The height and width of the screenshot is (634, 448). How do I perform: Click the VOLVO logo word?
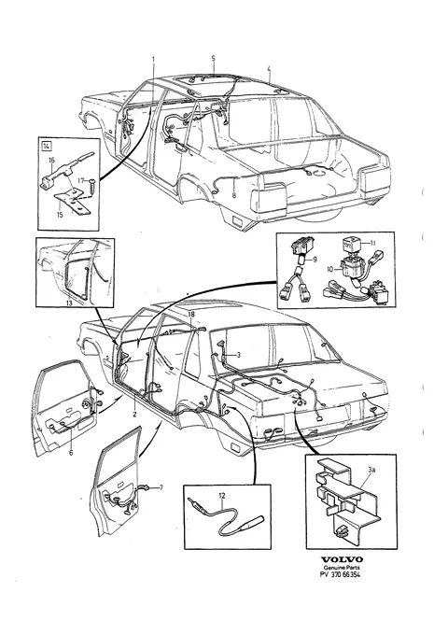click(x=342, y=559)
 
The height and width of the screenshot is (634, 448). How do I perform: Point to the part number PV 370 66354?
click(x=340, y=574)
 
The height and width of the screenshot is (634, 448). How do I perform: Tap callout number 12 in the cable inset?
click(x=222, y=495)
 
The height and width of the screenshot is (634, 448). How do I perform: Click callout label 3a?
click(x=371, y=470)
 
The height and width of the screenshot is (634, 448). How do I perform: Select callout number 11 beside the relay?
click(x=372, y=243)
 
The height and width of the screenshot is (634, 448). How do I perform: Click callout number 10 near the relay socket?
click(x=331, y=269)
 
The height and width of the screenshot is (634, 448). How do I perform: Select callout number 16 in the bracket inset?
click(x=51, y=160)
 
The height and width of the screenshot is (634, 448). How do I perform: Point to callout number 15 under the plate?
click(x=60, y=215)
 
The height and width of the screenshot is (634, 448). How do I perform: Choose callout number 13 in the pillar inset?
click(x=69, y=303)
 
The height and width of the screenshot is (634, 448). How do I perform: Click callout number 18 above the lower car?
click(x=191, y=314)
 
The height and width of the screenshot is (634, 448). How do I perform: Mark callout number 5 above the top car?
click(x=213, y=58)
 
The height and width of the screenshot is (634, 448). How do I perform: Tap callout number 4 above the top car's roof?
click(x=269, y=69)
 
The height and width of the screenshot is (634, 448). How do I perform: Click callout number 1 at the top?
click(x=154, y=59)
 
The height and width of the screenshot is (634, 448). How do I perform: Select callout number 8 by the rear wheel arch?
click(x=233, y=195)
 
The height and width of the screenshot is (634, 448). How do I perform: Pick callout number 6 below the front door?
click(x=71, y=453)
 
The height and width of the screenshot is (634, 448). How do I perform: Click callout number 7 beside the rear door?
click(x=161, y=487)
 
